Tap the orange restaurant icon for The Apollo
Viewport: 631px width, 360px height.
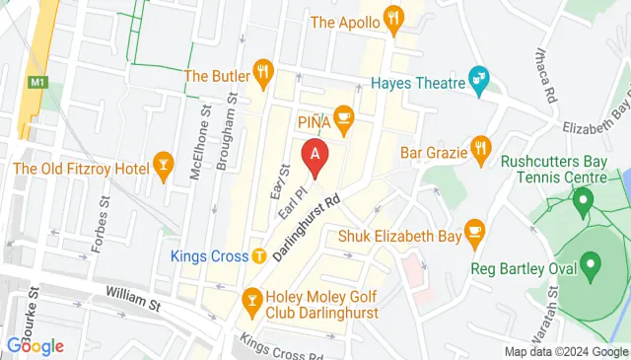(x=394, y=18)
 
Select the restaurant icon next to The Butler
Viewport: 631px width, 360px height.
(x=262, y=71)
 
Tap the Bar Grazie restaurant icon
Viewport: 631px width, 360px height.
(x=480, y=147)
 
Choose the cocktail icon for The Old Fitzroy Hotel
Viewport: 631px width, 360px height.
(x=164, y=161)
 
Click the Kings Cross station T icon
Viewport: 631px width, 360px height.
(x=258, y=255)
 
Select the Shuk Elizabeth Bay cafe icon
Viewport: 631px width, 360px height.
(x=475, y=230)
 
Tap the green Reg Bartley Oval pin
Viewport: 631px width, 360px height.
(x=591, y=263)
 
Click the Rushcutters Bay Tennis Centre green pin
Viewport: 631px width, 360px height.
(x=583, y=204)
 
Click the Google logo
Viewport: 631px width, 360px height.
(x=35, y=346)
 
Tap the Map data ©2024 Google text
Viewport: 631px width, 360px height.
(x=565, y=352)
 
